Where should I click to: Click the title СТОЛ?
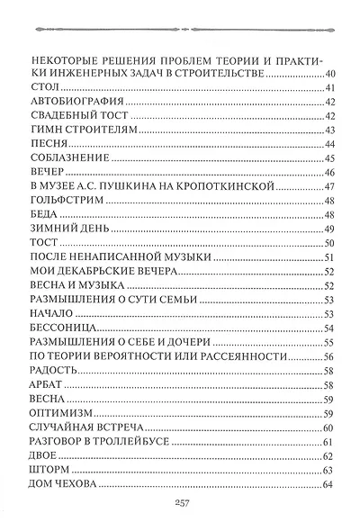[44, 87]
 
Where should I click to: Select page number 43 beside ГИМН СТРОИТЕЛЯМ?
[328, 130]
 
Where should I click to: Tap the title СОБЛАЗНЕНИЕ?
[69, 158]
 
